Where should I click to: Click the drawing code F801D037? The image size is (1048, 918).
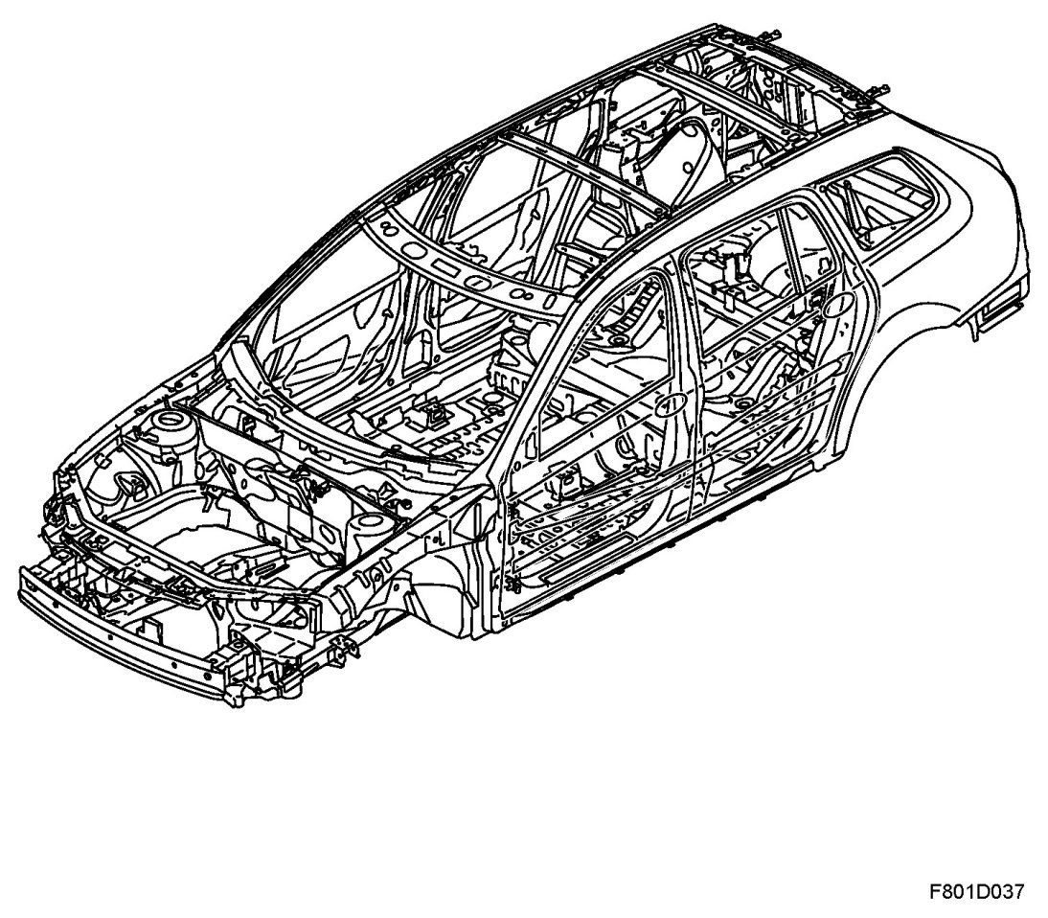pos(975,891)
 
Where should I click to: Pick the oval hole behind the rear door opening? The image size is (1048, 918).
pos(835,306)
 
